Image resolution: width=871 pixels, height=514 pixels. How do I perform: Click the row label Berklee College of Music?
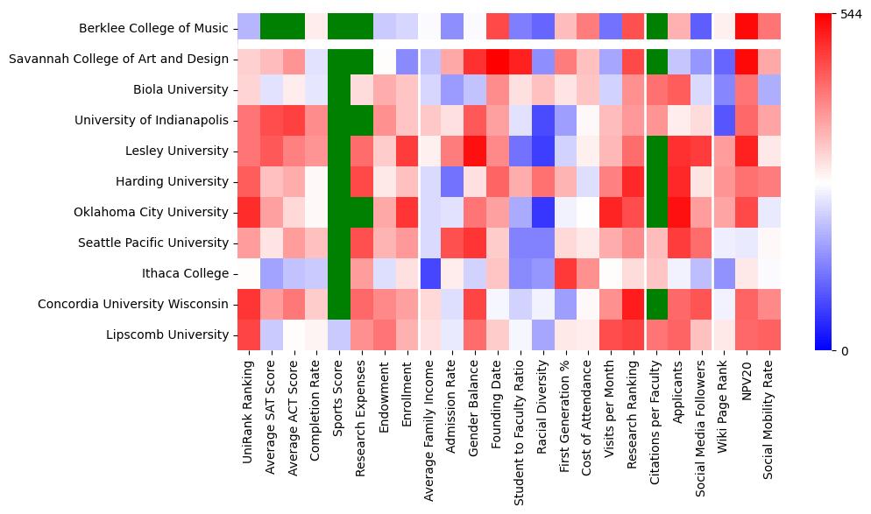pos(153,28)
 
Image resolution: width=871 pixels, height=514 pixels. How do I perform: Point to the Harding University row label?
pos(173,181)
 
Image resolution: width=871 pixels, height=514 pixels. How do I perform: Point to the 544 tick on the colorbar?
pos(849,14)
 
